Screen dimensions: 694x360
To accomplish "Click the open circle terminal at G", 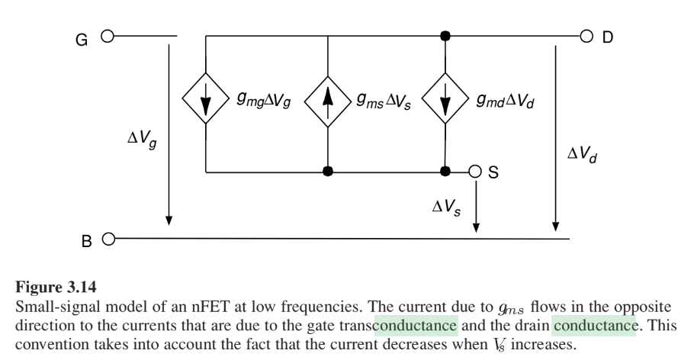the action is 108,36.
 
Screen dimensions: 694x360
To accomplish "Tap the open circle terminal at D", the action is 586,37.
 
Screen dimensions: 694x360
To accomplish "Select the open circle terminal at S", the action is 475,172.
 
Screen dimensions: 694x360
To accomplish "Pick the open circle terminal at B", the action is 108,239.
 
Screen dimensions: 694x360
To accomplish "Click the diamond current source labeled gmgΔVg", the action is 206,98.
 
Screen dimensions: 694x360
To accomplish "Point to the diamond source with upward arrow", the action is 327,101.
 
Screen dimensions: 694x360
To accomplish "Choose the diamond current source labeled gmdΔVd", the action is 445,98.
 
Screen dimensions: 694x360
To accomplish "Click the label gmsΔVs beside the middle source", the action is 384,101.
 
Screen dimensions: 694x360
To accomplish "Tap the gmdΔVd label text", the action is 506,101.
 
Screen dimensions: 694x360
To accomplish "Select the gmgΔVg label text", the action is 264,100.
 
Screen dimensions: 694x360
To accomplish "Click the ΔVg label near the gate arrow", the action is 142,139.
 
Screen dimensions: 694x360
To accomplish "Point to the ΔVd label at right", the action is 582,155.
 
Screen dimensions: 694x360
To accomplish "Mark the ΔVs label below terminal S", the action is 446,207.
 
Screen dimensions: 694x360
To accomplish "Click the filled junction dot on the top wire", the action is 445,36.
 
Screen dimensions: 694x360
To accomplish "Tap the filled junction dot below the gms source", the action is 327,172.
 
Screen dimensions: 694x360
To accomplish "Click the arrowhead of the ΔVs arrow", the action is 476,227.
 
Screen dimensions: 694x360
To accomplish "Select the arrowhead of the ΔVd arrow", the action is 556,227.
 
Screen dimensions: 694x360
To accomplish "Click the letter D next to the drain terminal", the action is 608,37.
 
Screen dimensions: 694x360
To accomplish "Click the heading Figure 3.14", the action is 56,287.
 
